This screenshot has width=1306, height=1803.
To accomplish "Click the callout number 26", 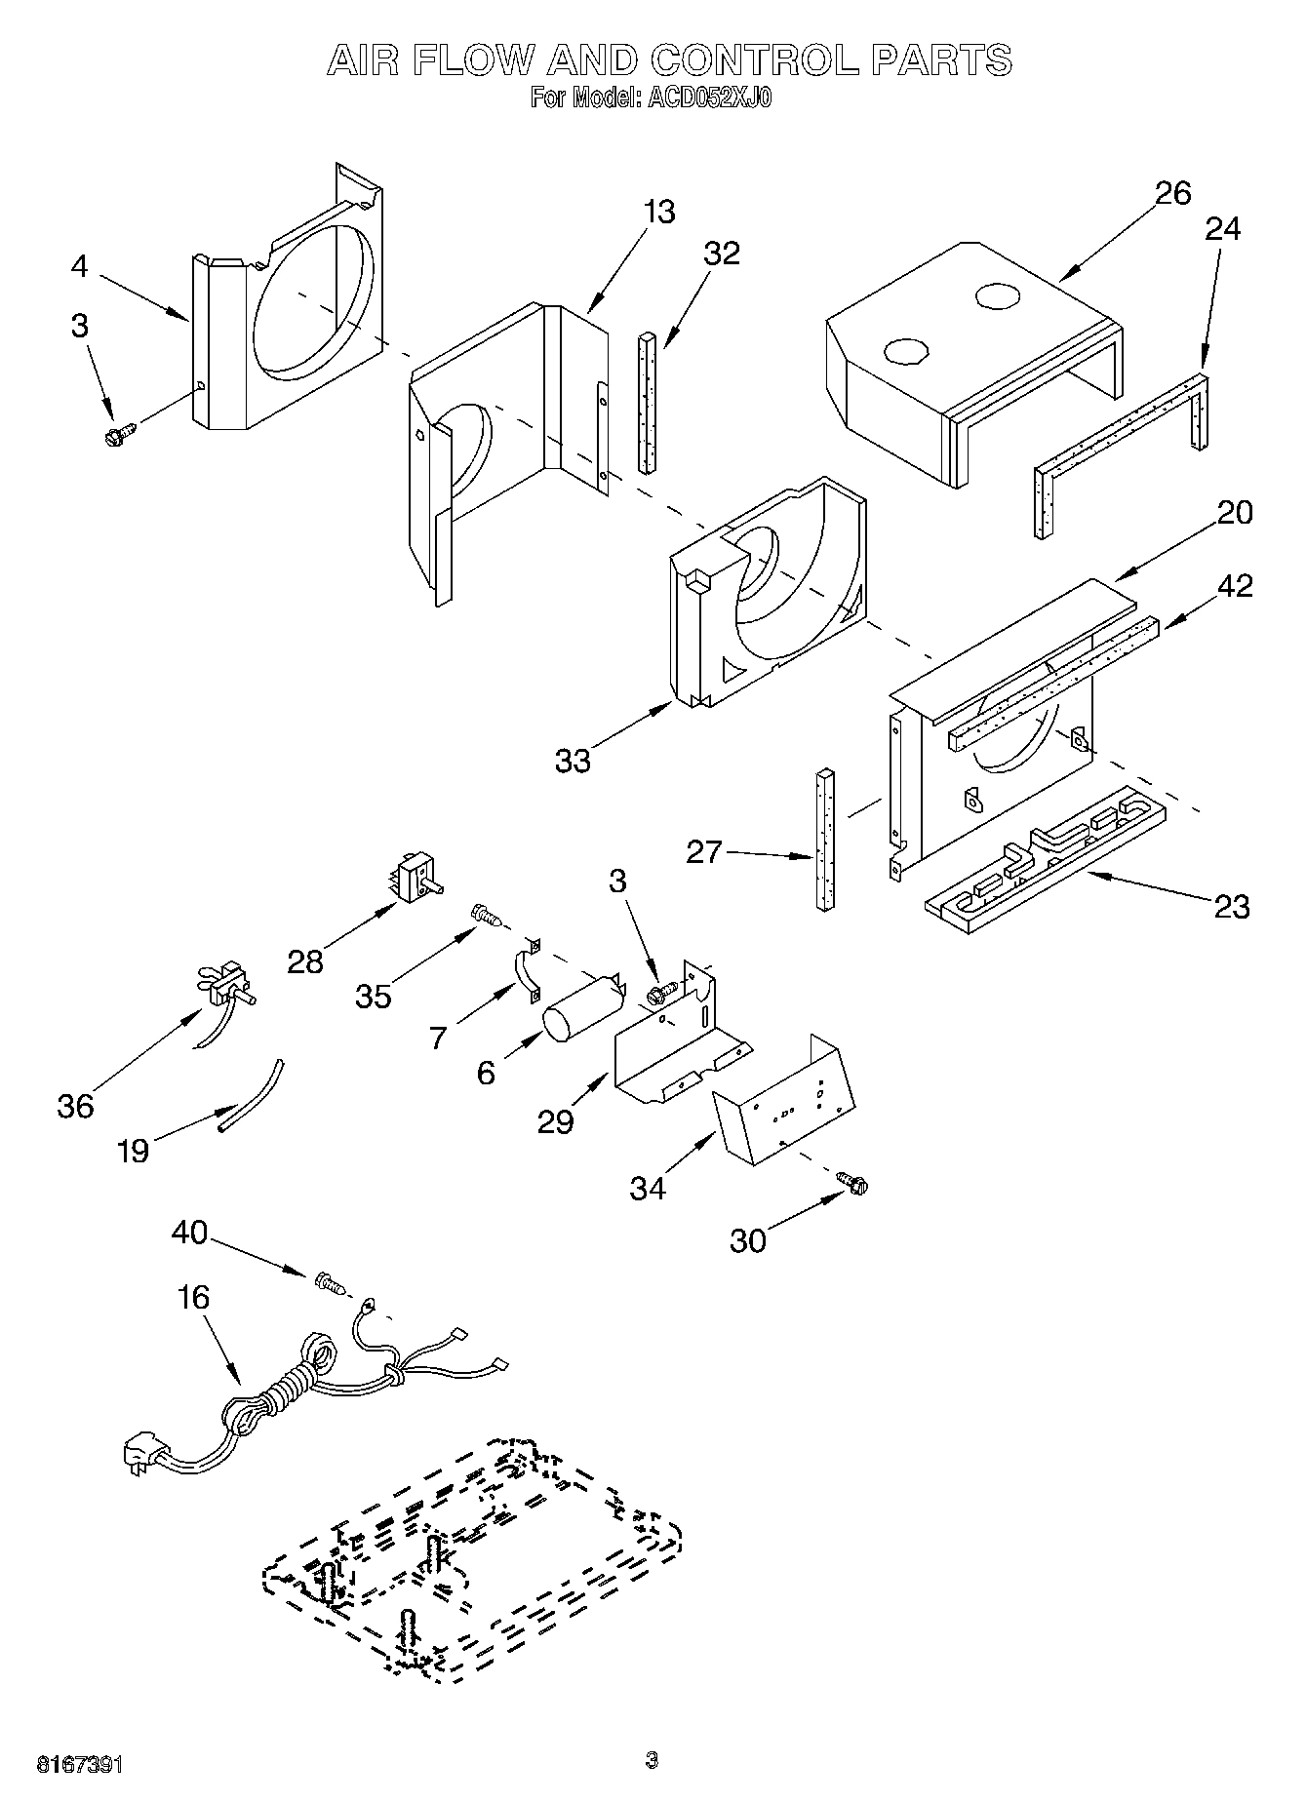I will click(1173, 193).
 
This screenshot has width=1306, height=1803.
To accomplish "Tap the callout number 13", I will click(659, 212).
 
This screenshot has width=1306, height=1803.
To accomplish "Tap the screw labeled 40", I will click(330, 1284).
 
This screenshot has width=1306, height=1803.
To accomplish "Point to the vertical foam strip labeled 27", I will click(825, 839).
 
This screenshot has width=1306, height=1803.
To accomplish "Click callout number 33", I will click(573, 761).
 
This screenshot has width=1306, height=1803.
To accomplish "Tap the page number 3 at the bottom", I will click(652, 1761).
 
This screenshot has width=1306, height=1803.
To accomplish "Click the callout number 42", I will click(1233, 585).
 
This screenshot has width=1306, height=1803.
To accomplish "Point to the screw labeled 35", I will click(484, 915).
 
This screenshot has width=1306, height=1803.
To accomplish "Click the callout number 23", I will click(1232, 907).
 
